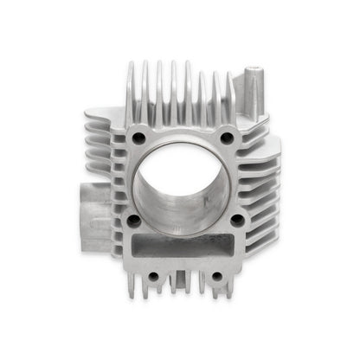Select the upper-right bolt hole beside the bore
227,138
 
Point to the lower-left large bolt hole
134,221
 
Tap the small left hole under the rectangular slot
153,277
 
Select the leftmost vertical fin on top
130,91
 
